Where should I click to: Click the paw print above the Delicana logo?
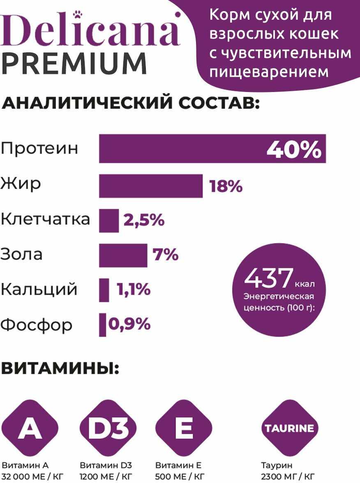pos(77,15)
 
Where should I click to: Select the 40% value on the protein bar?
pos(294,150)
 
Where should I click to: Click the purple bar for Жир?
pos(151,186)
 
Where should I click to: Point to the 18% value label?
pos(226,187)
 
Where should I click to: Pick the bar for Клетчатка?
pos(109,221)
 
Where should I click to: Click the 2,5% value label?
pos(144,221)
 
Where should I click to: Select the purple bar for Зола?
pos(123,255)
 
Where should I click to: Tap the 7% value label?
pos(166,255)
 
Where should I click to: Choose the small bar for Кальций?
pos(104,290)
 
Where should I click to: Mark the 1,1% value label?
pos(134,290)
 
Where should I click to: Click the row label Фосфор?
pos(36,325)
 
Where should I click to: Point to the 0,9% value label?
pos(129,324)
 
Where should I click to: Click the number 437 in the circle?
pos(269,278)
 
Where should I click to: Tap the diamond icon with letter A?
pos(30,428)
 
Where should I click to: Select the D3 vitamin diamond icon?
pos(107,428)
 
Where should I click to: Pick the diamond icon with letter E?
pos(184,428)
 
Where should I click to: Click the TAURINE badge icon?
pos(289,428)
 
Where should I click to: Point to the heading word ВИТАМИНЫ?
pos(60,368)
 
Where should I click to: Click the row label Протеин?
pos(39,148)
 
